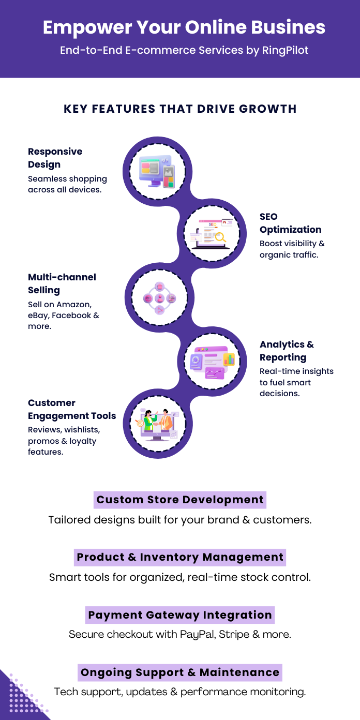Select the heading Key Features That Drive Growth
tap(180, 109)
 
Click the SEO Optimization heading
tap(290, 223)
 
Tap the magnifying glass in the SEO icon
tap(221, 237)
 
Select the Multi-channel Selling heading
tap(62, 283)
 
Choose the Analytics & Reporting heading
tap(287, 351)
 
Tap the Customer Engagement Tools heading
tap(72, 409)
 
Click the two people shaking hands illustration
tap(158, 422)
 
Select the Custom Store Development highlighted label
tap(180, 500)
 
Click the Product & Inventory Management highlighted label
tap(180, 558)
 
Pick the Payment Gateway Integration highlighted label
tap(180, 615)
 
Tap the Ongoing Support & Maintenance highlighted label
tap(180, 672)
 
